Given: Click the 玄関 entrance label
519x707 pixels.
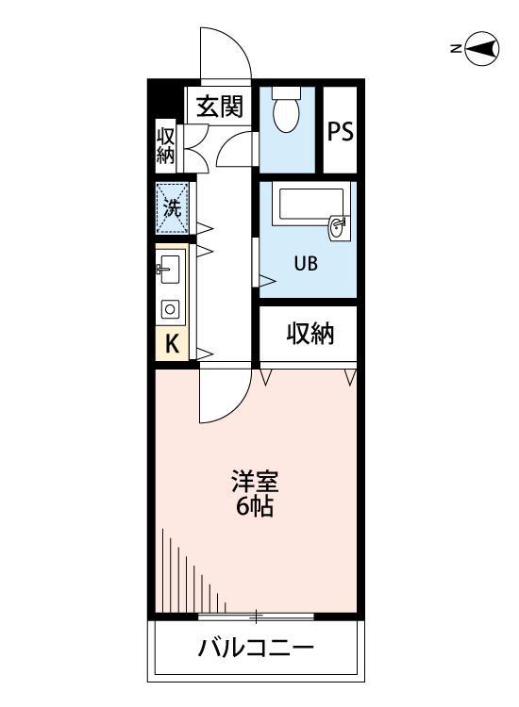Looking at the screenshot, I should point(221,107).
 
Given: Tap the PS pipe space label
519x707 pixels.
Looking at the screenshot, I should point(340,131).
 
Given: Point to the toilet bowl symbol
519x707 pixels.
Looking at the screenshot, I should point(285,113).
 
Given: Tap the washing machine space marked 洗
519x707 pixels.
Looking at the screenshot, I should point(173,209).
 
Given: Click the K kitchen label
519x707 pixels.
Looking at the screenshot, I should point(172,343).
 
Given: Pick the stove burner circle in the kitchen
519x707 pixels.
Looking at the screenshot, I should point(171,308).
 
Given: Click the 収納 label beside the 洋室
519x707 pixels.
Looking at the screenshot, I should point(310,334).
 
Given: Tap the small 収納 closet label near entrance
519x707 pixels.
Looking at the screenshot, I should point(166,144).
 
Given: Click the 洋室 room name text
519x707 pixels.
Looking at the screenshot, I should point(255,481).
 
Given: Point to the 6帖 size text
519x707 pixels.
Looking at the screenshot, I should point(255,507).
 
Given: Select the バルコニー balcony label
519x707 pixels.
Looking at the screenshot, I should point(255,649).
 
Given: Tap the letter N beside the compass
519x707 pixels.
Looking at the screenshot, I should point(456,49).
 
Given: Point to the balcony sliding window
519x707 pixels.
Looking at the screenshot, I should point(256,617).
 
